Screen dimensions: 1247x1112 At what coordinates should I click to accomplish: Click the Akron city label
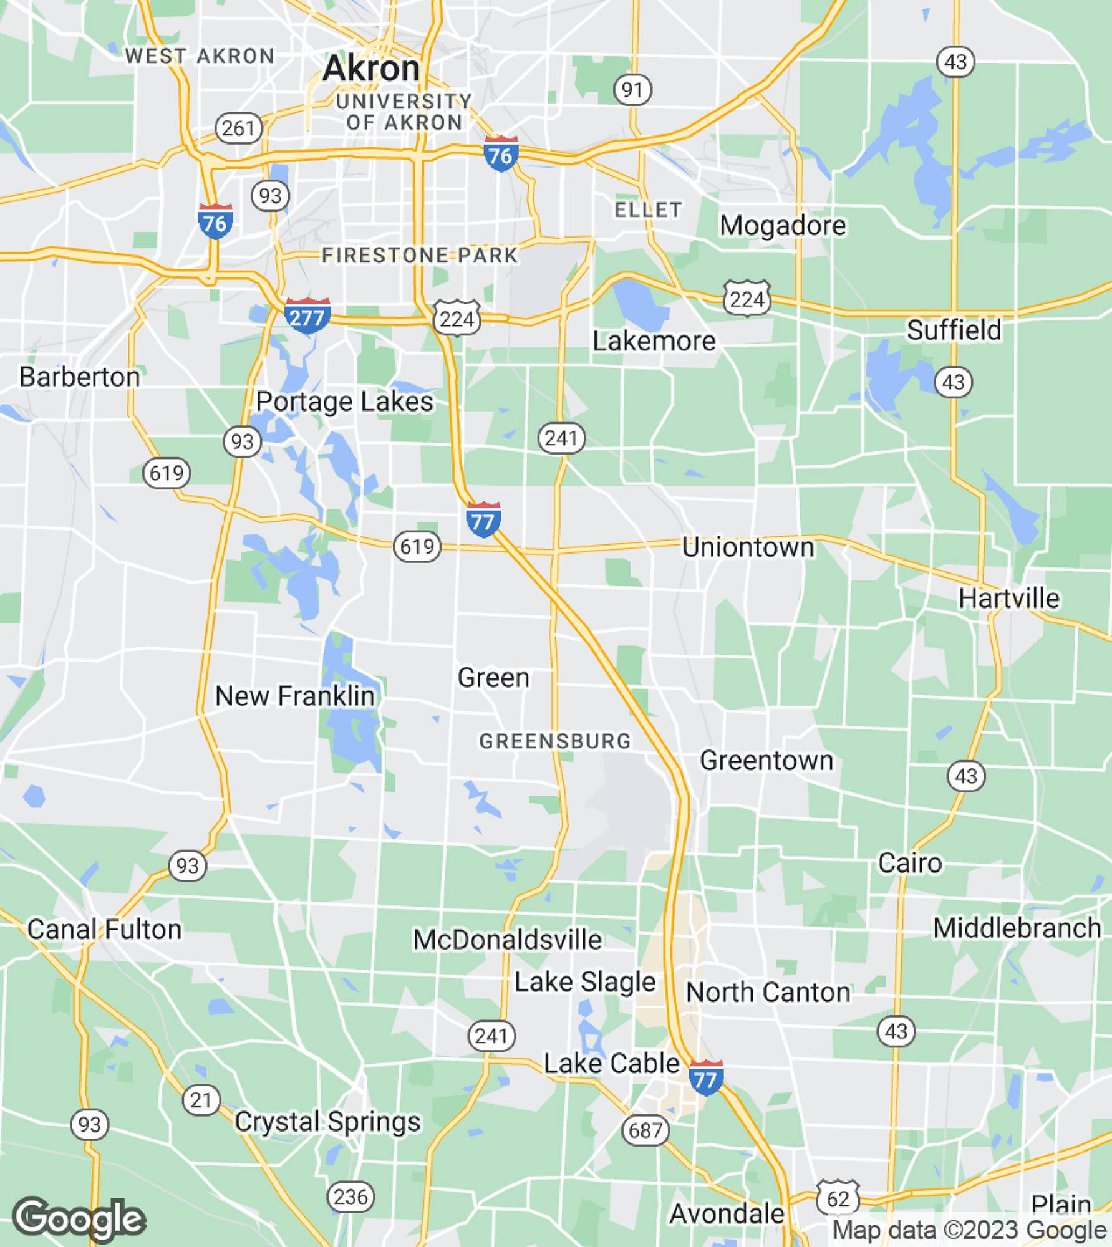point(371,68)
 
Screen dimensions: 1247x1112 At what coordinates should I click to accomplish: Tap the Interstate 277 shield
point(307,316)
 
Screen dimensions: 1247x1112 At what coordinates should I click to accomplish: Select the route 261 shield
point(238,128)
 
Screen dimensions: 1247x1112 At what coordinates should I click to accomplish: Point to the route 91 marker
point(632,90)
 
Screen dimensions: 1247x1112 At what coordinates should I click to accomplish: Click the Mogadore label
point(783,226)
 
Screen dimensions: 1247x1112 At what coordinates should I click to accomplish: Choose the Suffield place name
point(954,330)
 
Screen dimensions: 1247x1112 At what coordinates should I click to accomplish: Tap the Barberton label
point(80,377)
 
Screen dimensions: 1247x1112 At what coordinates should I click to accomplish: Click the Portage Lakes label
point(344,402)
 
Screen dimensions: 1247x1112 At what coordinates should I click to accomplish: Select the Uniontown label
point(748,547)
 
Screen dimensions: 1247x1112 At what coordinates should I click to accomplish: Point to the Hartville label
point(1008,599)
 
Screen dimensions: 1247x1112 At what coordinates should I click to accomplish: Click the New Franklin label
point(295,696)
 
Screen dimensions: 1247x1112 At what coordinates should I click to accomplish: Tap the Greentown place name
point(766,761)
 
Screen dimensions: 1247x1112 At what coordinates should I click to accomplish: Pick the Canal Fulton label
point(105,930)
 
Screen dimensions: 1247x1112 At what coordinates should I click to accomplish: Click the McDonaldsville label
point(507,940)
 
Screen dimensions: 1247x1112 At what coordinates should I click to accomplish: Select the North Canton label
point(768,993)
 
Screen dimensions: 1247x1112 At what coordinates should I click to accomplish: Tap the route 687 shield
point(645,1130)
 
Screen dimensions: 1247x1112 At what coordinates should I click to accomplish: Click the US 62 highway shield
point(838,1199)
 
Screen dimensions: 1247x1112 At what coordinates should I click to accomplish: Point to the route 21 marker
point(201,1100)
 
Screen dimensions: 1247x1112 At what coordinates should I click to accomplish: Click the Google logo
point(79,1219)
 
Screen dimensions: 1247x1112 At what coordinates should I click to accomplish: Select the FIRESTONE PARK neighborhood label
point(420,256)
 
